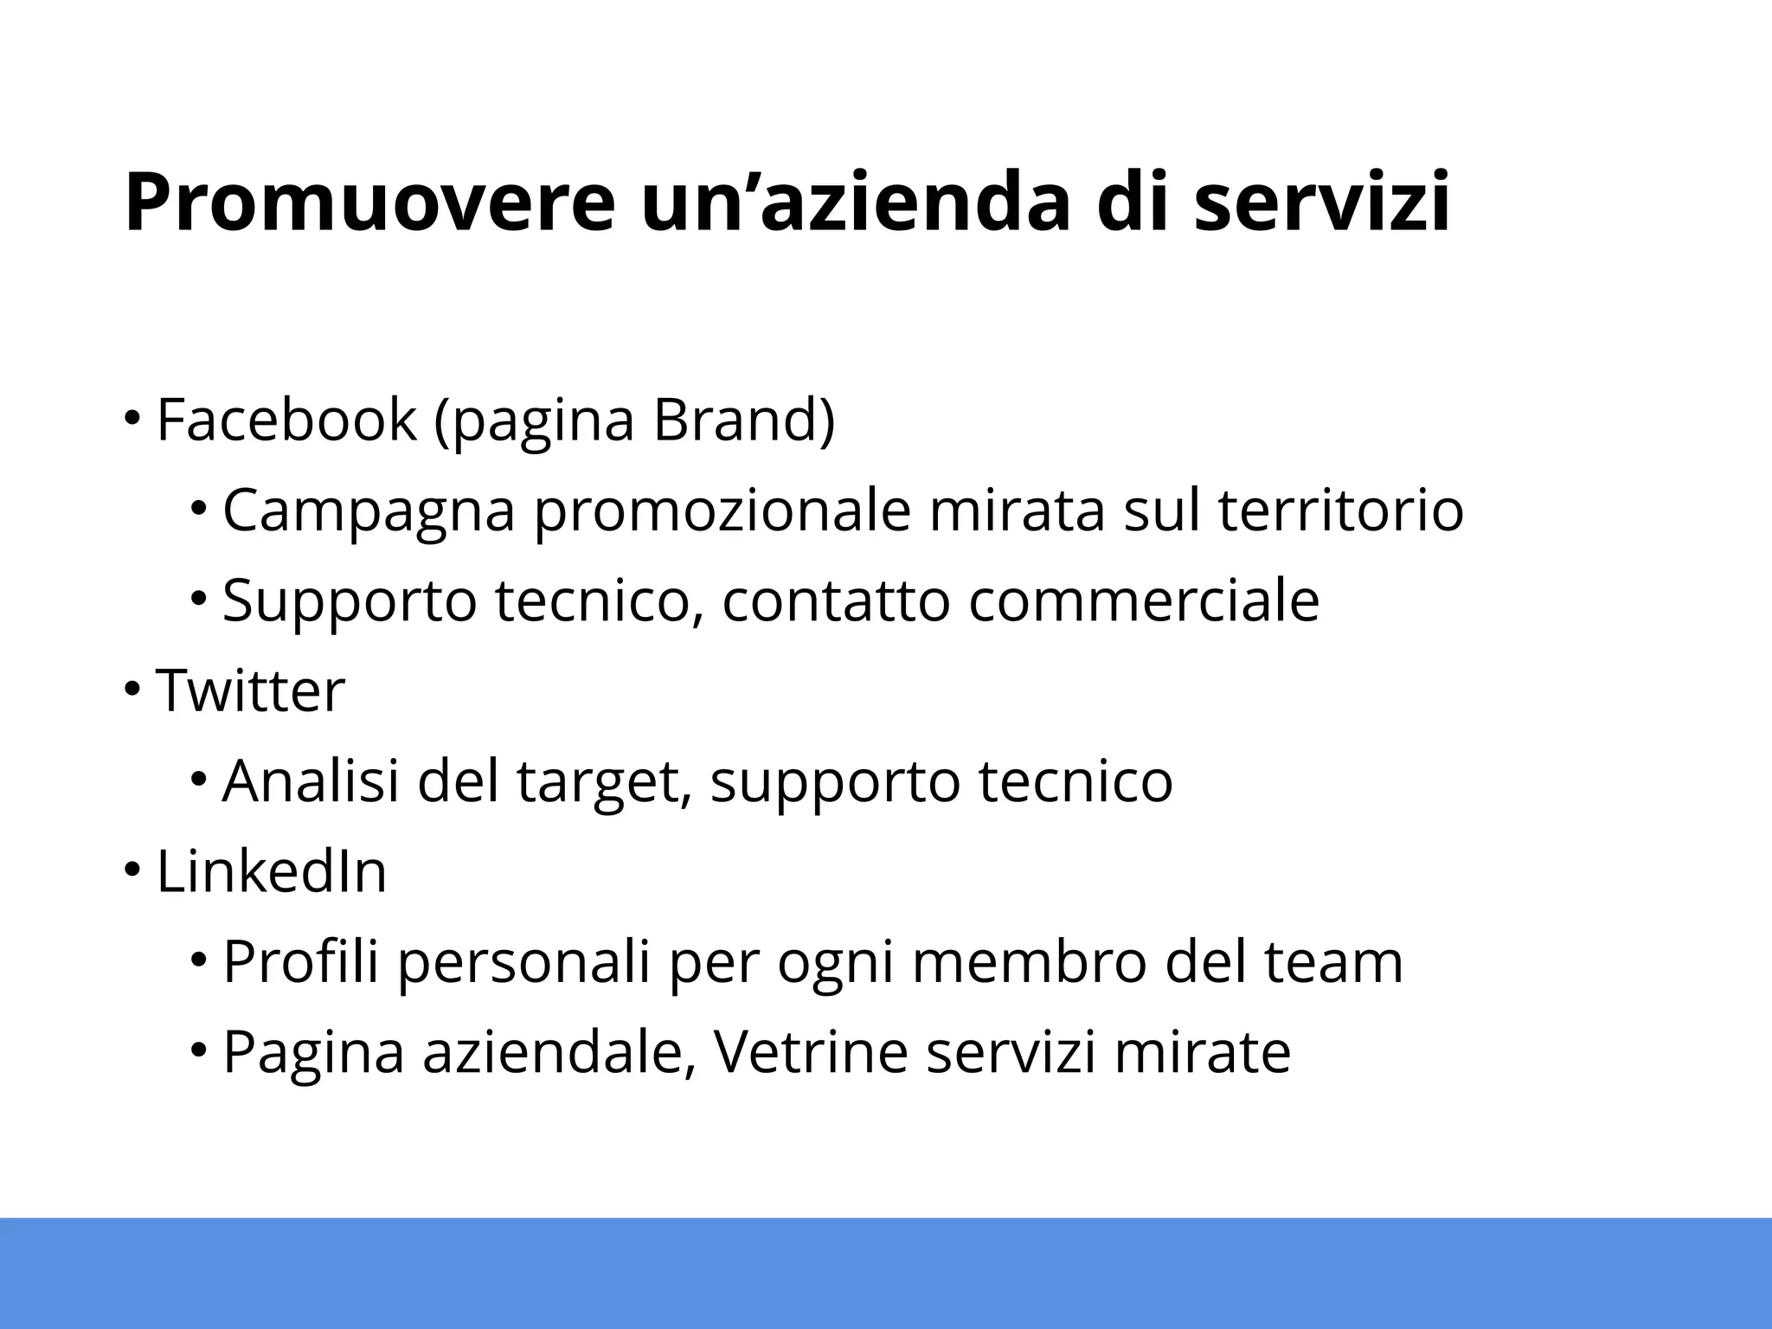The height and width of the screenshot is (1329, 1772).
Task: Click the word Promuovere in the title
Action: (368, 204)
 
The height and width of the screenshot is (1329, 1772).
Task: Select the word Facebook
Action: (286, 420)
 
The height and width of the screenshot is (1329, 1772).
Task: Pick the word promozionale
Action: (722, 511)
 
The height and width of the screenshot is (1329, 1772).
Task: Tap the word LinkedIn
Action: (271, 871)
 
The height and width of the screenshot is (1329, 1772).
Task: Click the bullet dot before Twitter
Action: (131, 690)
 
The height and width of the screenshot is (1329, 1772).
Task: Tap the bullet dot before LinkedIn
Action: (131, 870)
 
